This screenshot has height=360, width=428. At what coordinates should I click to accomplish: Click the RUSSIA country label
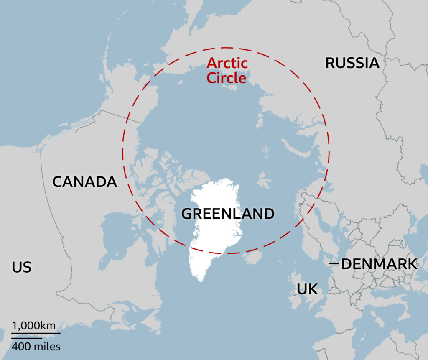coord(352,63)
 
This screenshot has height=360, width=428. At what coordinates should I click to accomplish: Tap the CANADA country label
coord(84,182)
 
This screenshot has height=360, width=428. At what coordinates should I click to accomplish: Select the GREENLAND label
coord(228,214)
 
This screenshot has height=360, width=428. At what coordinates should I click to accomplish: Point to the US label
coord(22,267)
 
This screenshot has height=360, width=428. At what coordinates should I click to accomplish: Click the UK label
coord(307,289)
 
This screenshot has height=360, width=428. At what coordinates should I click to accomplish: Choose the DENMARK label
coord(379,264)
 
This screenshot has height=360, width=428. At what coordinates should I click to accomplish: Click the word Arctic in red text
coord(227,64)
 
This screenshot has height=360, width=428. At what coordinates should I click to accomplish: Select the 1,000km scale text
coord(33,325)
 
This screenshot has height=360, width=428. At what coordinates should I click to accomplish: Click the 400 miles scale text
coord(36,346)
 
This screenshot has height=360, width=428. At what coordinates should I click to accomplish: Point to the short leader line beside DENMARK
coord(334,263)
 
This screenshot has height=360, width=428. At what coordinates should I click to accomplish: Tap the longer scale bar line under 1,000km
coord(36,333)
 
